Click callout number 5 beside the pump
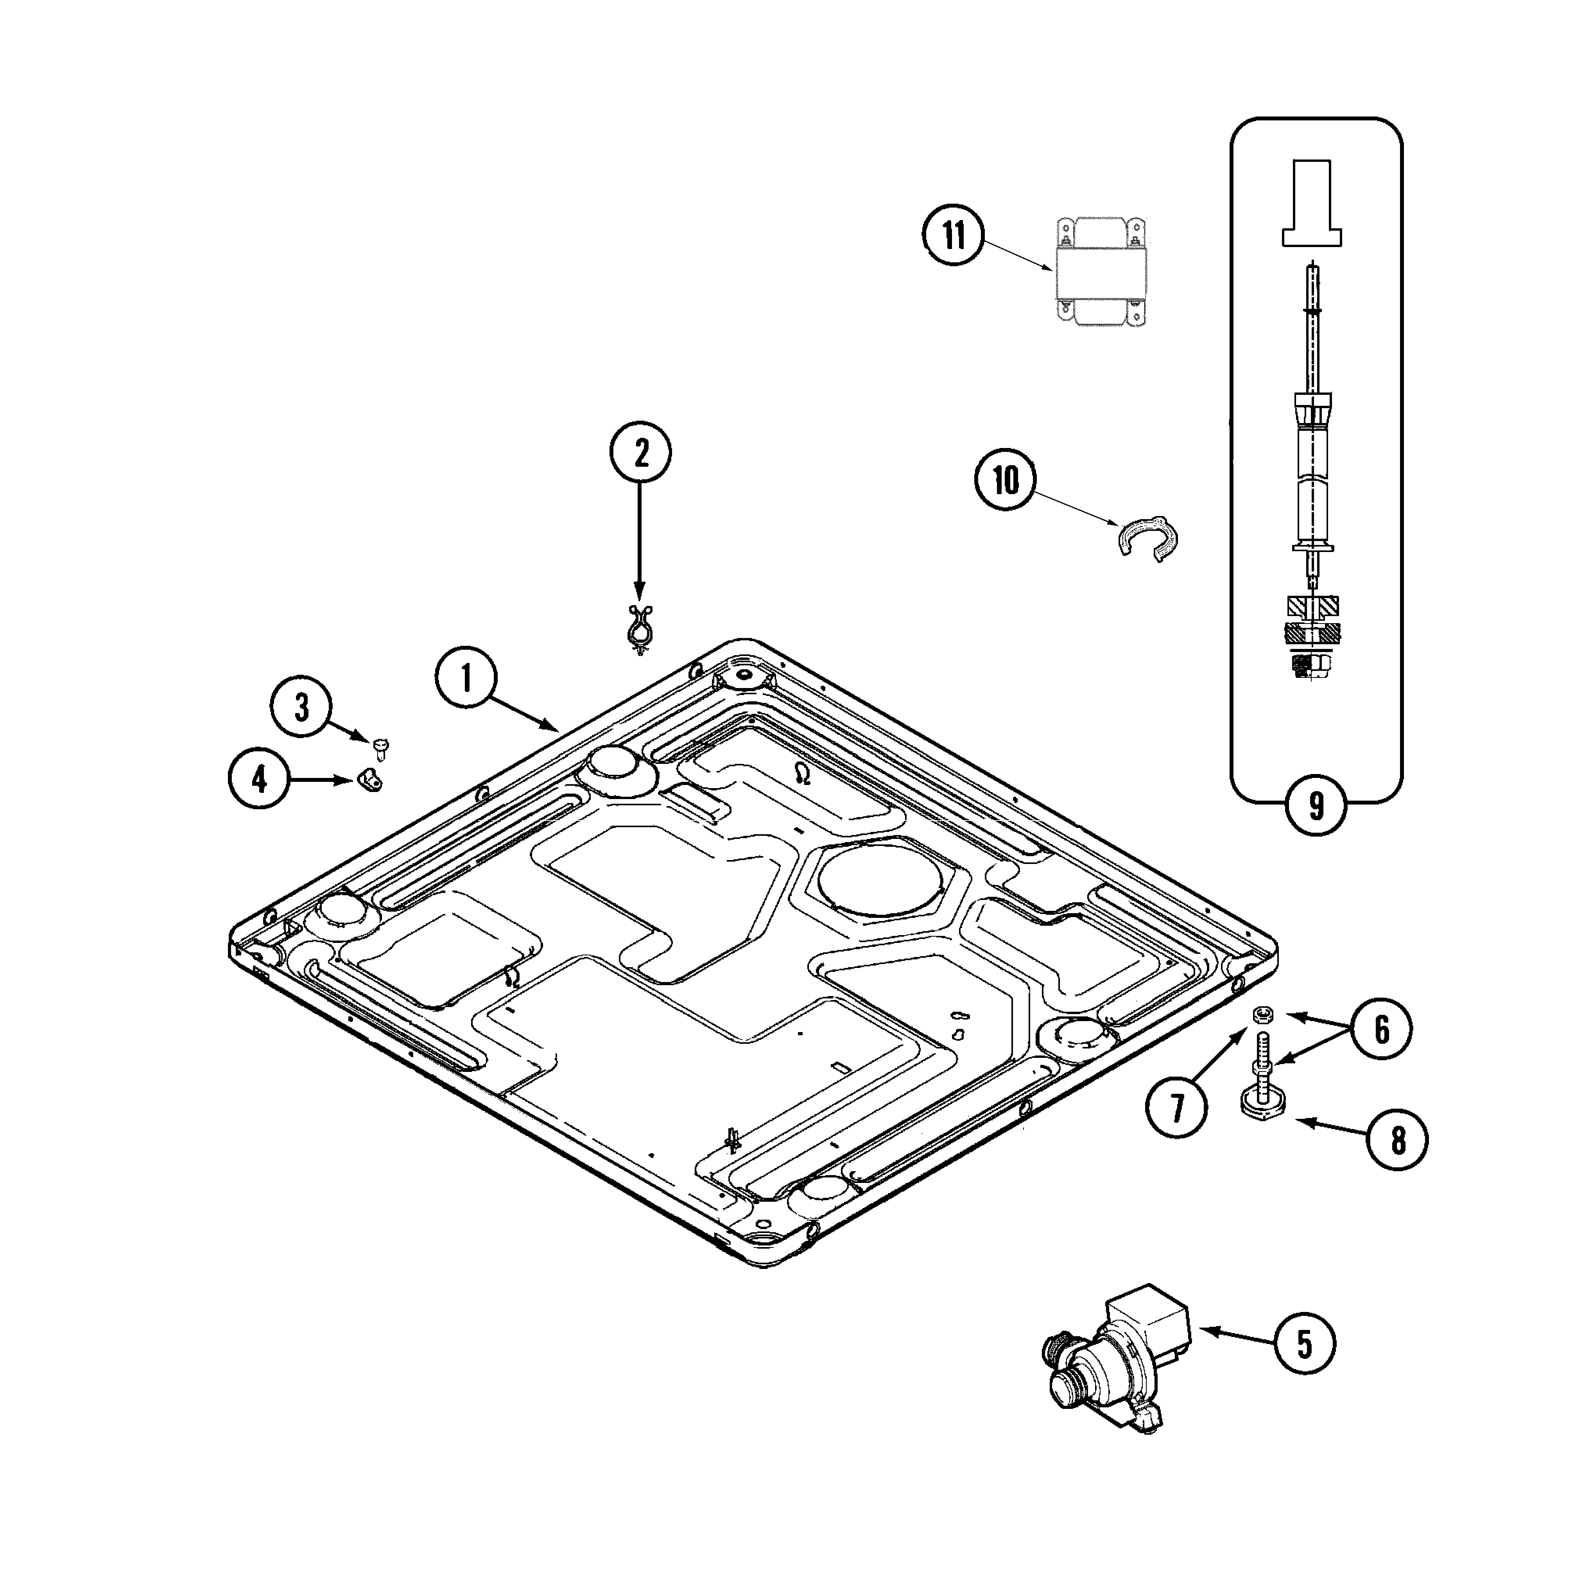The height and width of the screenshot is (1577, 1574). [1305, 1343]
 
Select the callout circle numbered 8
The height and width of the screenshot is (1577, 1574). [1398, 1140]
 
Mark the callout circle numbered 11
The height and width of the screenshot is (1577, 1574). [954, 236]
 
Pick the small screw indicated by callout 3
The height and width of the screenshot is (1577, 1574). [380, 747]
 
